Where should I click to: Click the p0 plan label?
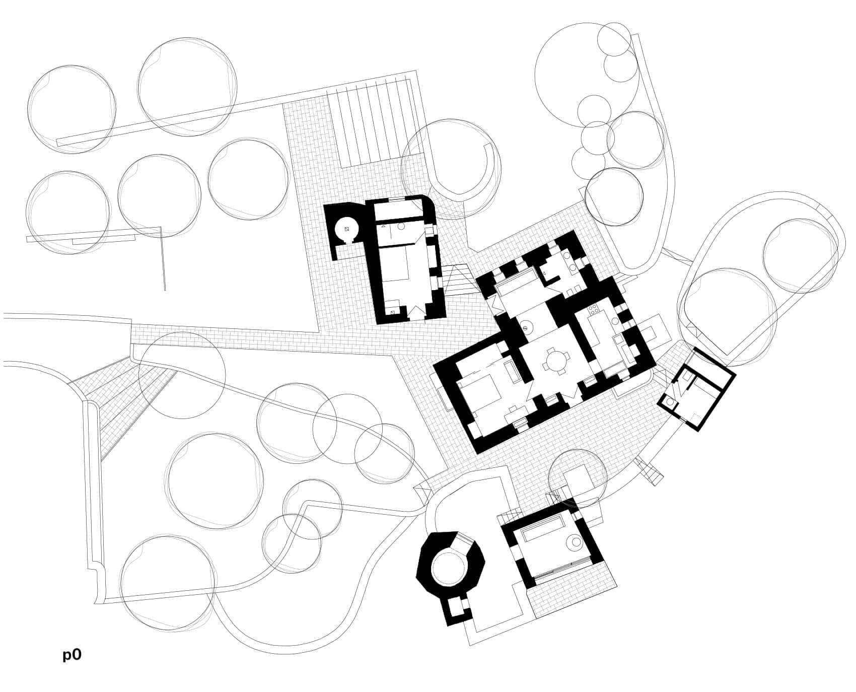(x=72, y=655)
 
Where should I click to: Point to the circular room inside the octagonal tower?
(x=449, y=566)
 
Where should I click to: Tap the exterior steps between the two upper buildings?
(x=458, y=281)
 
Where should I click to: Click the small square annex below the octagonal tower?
(x=457, y=608)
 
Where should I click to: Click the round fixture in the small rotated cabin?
(x=670, y=402)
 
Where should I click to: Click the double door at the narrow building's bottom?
(x=415, y=313)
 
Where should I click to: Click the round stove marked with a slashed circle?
(x=526, y=328)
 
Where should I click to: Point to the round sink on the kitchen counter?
(x=615, y=321)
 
